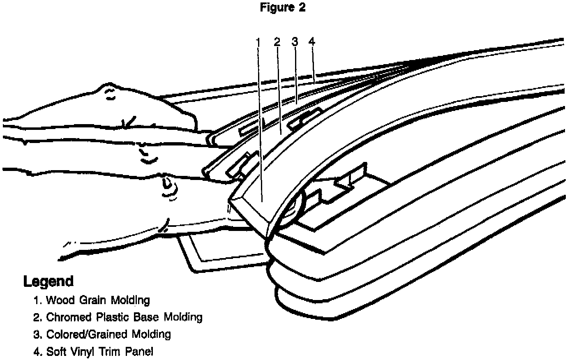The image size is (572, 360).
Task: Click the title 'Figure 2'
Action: click(x=283, y=7)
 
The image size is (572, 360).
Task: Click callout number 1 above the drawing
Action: click(x=258, y=42)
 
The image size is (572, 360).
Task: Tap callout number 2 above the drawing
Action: click(x=277, y=42)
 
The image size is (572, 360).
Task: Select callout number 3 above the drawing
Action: click(x=294, y=42)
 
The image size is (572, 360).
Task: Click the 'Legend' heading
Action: click(x=48, y=282)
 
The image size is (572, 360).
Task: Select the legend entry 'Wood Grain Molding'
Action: click(x=92, y=300)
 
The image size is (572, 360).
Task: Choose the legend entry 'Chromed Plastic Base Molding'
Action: click(x=118, y=317)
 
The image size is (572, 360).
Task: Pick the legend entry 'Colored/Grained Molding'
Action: click(x=102, y=335)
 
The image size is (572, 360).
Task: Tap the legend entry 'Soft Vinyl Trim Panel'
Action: click(x=94, y=352)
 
